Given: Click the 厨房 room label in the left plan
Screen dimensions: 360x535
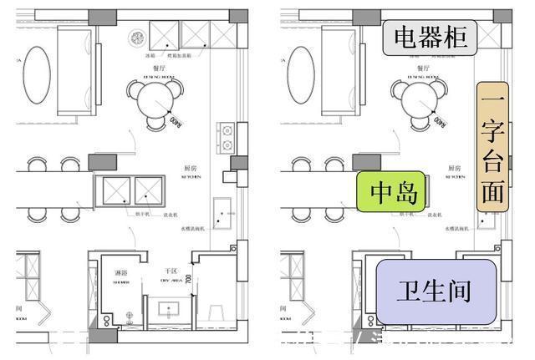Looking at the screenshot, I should (x=190, y=168).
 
